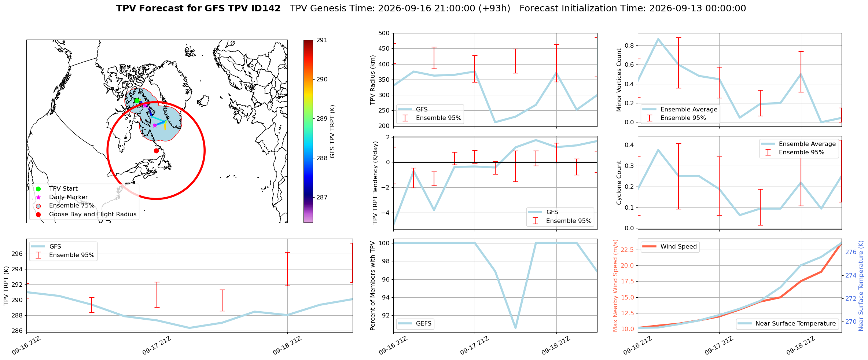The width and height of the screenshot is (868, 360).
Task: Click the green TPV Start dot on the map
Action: point(137,100)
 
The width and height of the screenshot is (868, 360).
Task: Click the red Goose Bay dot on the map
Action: point(156,151)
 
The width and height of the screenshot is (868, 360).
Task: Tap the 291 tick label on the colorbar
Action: point(322,40)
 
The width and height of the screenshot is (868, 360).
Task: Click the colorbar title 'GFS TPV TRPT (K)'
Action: point(332,132)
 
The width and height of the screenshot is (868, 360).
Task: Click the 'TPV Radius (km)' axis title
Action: point(373,80)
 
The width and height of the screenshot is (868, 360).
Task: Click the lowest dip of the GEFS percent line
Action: point(515,328)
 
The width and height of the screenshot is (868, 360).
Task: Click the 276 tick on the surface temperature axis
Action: point(851,252)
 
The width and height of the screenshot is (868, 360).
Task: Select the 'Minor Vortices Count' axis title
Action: point(619,80)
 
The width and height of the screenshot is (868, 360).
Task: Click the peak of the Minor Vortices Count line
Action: point(658,39)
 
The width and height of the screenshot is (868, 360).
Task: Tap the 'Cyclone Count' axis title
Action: point(619,183)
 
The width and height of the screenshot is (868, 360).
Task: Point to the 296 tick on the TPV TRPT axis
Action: point(18,254)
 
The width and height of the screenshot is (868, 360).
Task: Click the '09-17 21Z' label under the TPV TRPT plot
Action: point(157,345)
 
